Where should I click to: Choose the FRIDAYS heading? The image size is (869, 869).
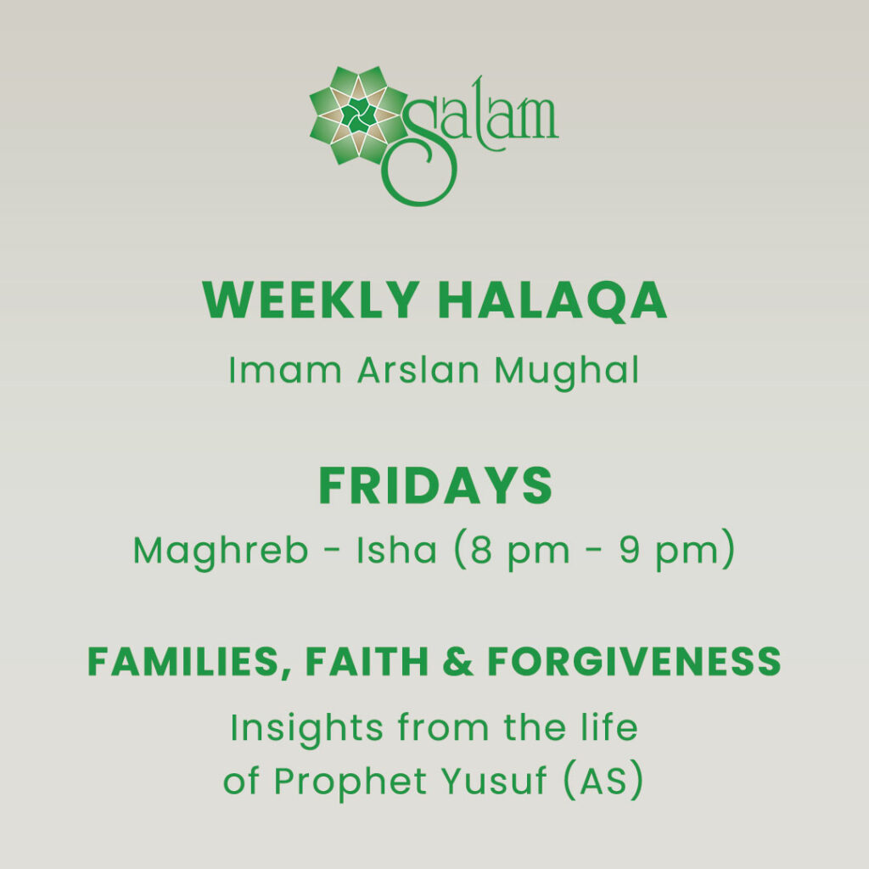(x=434, y=486)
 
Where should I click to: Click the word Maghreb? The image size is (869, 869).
(x=221, y=552)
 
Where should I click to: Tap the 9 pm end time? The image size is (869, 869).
(x=679, y=552)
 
